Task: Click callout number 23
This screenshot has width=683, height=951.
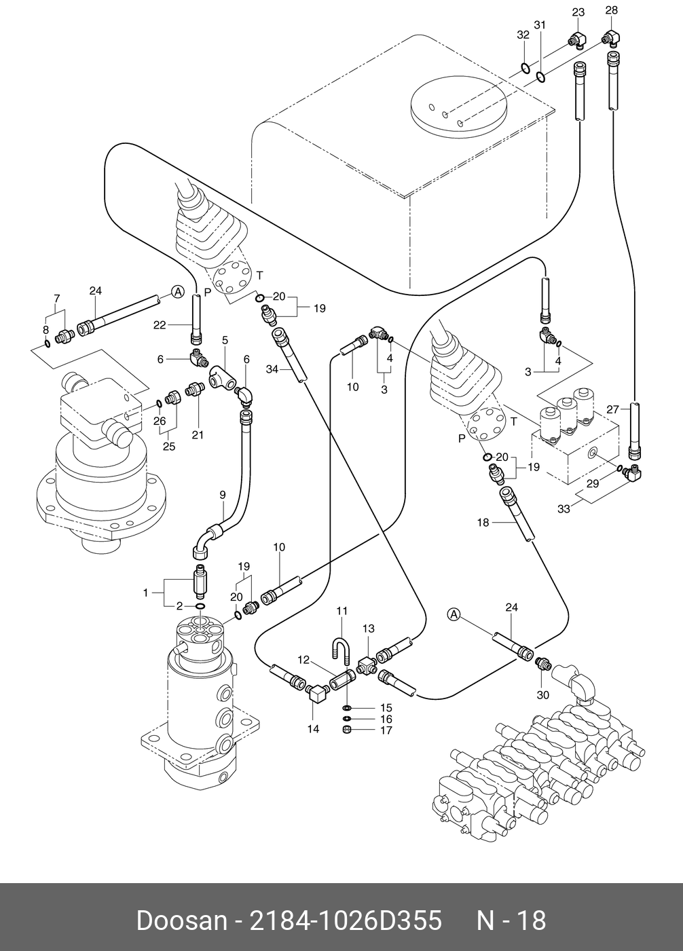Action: pos(578,12)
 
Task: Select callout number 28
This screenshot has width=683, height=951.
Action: pos(611,10)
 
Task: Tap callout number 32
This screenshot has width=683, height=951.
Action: pos(523,35)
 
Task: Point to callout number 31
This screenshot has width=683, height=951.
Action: pos(540,25)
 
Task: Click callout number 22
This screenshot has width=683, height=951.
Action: pos(160,325)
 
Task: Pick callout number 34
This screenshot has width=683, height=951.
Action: pos(272,369)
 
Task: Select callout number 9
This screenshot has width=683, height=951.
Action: pos(223,495)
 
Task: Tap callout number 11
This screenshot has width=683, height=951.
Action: pos(342,611)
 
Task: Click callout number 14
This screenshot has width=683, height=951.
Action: pos(313,729)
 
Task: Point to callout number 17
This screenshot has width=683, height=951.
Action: pos(386,730)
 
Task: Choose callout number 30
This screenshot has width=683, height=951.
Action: pos(543,695)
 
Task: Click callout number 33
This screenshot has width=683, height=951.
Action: pos(564,508)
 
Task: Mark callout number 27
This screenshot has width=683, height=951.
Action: pos(613,410)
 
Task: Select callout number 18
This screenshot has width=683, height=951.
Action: pos(483,523)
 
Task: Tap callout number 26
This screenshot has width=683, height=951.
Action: pos(160,421)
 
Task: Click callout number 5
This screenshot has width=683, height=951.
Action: pos(225,340)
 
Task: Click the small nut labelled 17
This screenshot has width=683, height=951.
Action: pos(346,730)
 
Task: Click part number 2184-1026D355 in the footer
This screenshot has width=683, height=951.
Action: pos(346,921)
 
